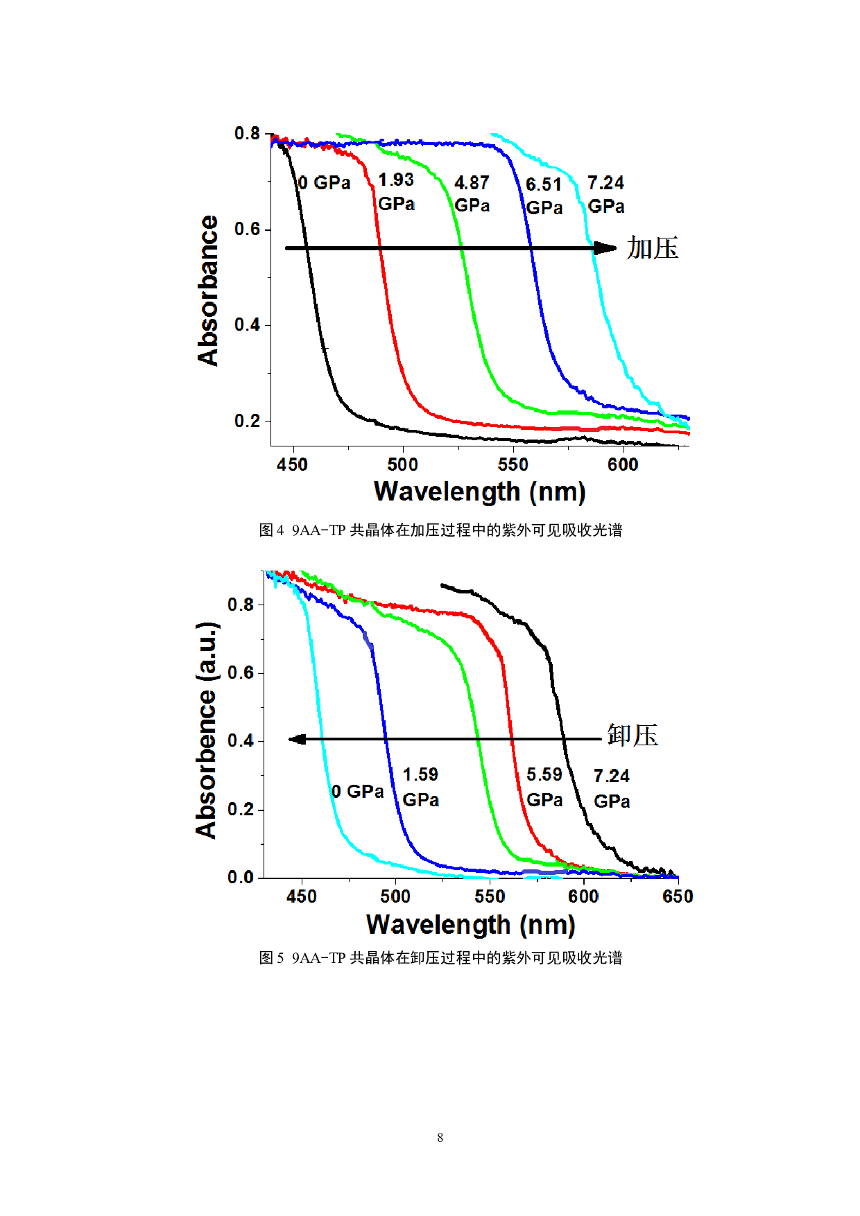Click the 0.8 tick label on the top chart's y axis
(246, 133)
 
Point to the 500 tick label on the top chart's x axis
(402, 464)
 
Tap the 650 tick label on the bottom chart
(678, 896)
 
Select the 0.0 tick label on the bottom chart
(241, 878)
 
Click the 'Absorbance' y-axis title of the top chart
(207, 290)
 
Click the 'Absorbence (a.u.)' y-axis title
(206, 731)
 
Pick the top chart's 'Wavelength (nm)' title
(480, 492)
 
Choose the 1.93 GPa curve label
(396, 191)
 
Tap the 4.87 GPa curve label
(472, 193)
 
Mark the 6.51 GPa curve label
(544, 196)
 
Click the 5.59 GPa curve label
(544, 787)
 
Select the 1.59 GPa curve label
(420, 787)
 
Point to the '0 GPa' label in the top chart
(324, 183)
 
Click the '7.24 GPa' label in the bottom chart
(612, 788)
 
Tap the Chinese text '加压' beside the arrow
(653, 248)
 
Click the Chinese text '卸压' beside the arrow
(633, 736)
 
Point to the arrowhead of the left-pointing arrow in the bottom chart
(297, 740)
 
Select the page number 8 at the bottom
(440, 1137)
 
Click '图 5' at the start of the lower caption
(271, 958)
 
